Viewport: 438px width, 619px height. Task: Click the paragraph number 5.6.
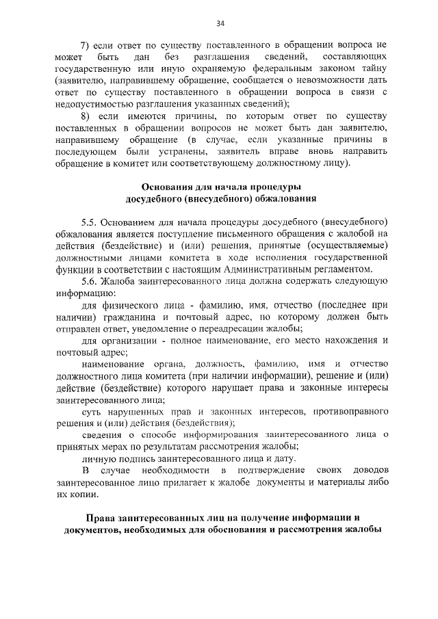click(x=90, y=281)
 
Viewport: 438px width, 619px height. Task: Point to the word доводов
click(x=370, y=472)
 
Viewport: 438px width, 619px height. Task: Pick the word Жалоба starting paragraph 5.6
click(x=122, y=281)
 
